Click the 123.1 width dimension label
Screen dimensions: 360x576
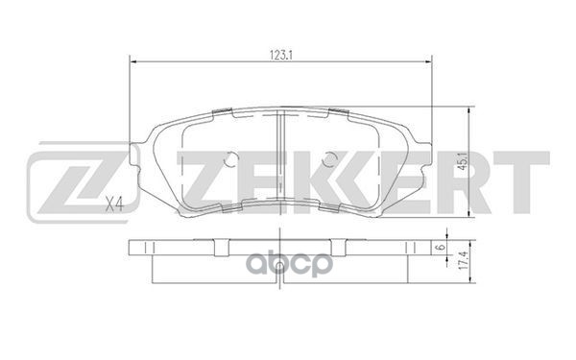(281, 54)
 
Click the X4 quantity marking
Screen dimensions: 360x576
(114, 203)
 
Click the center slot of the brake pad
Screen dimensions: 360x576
(277, 154)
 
